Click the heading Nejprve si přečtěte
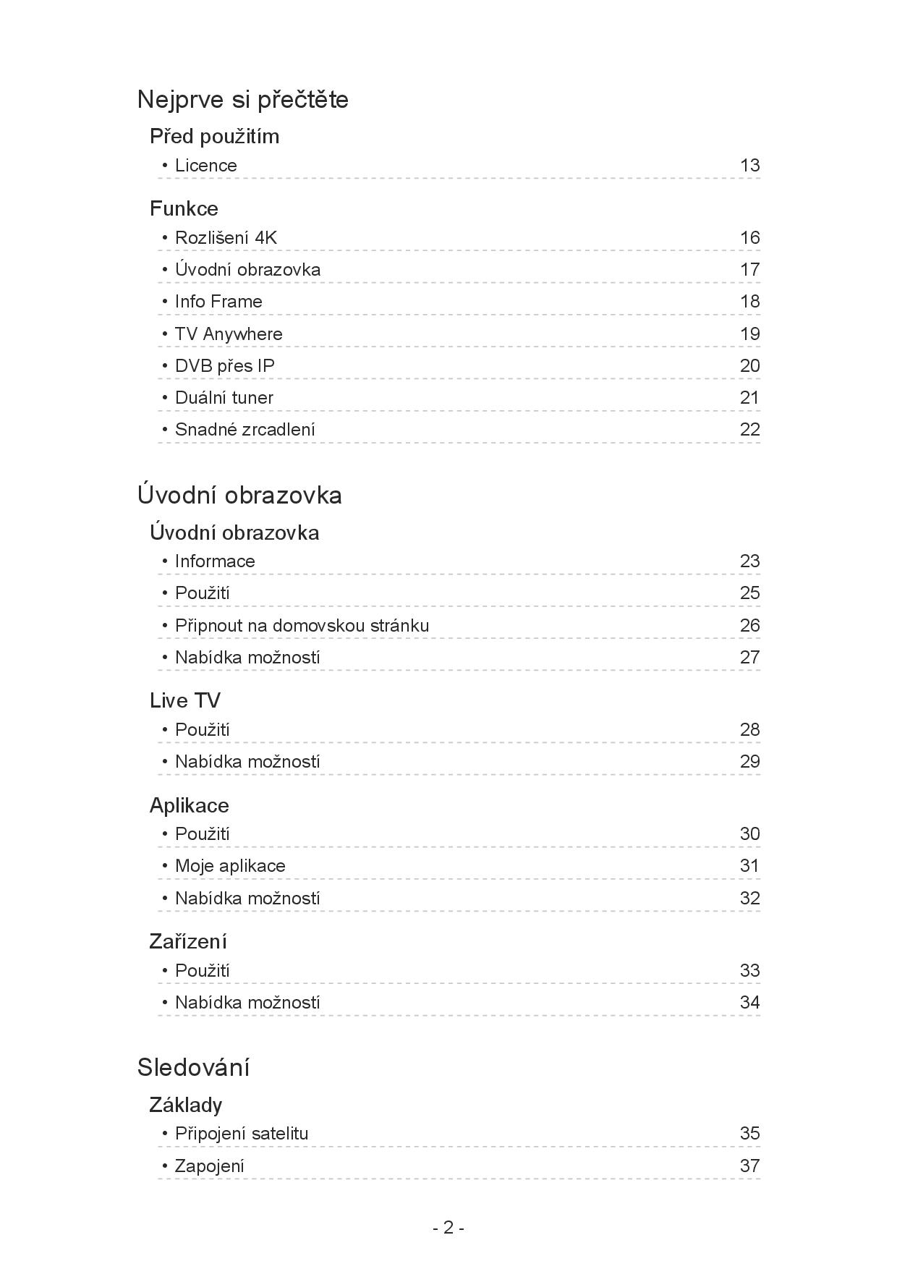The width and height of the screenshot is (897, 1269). [242, 99]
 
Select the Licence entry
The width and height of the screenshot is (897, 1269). [205, 166]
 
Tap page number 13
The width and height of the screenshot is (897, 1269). [749, 166]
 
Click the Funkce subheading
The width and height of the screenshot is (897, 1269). [184, 208]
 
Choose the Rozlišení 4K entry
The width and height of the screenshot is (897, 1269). [226, 238]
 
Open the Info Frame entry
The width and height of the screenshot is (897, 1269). [218, 302]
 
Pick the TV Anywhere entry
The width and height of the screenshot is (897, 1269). [229, 334]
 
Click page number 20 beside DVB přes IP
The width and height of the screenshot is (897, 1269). [749, 366]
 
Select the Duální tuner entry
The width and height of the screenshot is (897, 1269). [224, 398]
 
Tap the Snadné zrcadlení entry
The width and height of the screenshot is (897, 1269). [245, 430]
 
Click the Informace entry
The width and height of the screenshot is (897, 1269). [215, 561]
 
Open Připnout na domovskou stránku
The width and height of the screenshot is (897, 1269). [302, 626]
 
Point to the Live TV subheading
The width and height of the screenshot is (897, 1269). [185, 700]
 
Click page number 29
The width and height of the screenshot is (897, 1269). [749, 762]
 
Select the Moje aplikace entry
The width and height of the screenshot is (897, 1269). [230, 866]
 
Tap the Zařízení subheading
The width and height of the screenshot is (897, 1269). [188, 941]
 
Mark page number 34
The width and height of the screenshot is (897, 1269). [749, 1003]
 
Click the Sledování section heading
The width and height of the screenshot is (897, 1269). [193, 1067]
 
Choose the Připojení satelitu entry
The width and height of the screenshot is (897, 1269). [242, 1134]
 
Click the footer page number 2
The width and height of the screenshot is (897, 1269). [448, 1228]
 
